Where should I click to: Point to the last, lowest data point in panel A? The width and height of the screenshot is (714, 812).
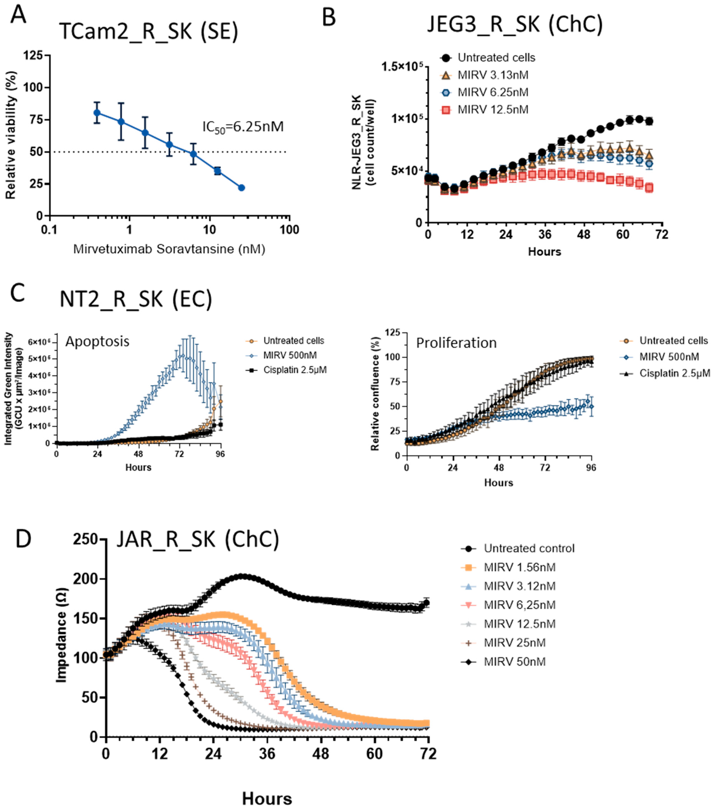(241, 187)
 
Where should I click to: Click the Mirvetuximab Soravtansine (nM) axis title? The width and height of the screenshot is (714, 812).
(169, 249)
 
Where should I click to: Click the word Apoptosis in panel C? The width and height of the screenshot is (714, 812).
(97, 341)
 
